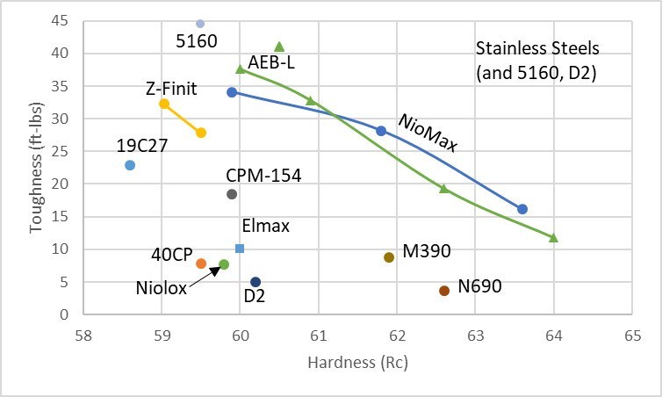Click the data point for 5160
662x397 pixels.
point(200,24)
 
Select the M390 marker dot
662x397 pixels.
point(389,257)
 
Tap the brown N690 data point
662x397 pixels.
point(444,291)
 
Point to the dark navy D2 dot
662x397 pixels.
point(255,282)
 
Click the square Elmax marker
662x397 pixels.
point(240,249)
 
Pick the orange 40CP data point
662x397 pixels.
point(201,263)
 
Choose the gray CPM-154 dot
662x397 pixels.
point(232,194)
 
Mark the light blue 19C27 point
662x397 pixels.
point(130,165)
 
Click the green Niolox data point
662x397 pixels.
point(224,264)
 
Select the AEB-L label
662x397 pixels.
point(271,62)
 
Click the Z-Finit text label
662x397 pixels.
point(172,88)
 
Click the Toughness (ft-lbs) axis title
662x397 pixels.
point(36,167)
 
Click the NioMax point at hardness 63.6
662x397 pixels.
point(522,209)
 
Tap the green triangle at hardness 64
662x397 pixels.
point(553,238)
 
